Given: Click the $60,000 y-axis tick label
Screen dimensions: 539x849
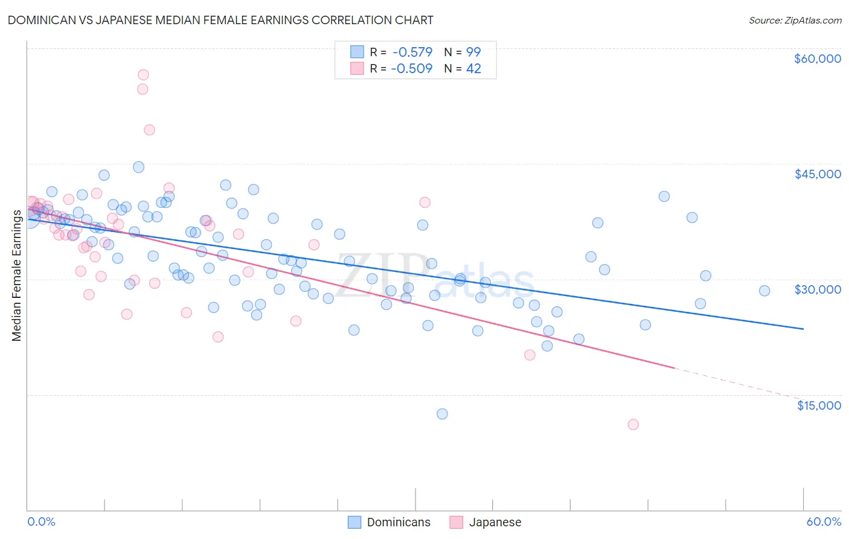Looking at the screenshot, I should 817,59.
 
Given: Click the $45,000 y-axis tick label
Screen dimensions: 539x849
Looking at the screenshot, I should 817,174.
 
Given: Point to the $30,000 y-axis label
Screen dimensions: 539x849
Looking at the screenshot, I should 817,289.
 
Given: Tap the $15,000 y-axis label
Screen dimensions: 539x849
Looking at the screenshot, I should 819,405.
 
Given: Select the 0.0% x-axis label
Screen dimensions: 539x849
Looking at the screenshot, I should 41,522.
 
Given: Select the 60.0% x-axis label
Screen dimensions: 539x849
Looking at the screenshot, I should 823,522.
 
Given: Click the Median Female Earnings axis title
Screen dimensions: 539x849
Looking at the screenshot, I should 17,276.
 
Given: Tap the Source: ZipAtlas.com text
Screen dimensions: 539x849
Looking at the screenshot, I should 795,21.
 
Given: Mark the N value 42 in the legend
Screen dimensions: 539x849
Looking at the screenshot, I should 473,68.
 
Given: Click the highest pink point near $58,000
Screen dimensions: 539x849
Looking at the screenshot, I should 143,75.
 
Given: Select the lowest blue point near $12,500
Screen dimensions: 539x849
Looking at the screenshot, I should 442,414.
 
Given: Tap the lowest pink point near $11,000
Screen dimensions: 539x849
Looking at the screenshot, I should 633,424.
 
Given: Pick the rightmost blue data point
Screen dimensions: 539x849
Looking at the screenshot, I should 764,291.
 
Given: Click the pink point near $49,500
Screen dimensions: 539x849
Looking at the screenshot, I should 149,130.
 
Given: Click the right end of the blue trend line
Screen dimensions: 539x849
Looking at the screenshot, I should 803,329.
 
